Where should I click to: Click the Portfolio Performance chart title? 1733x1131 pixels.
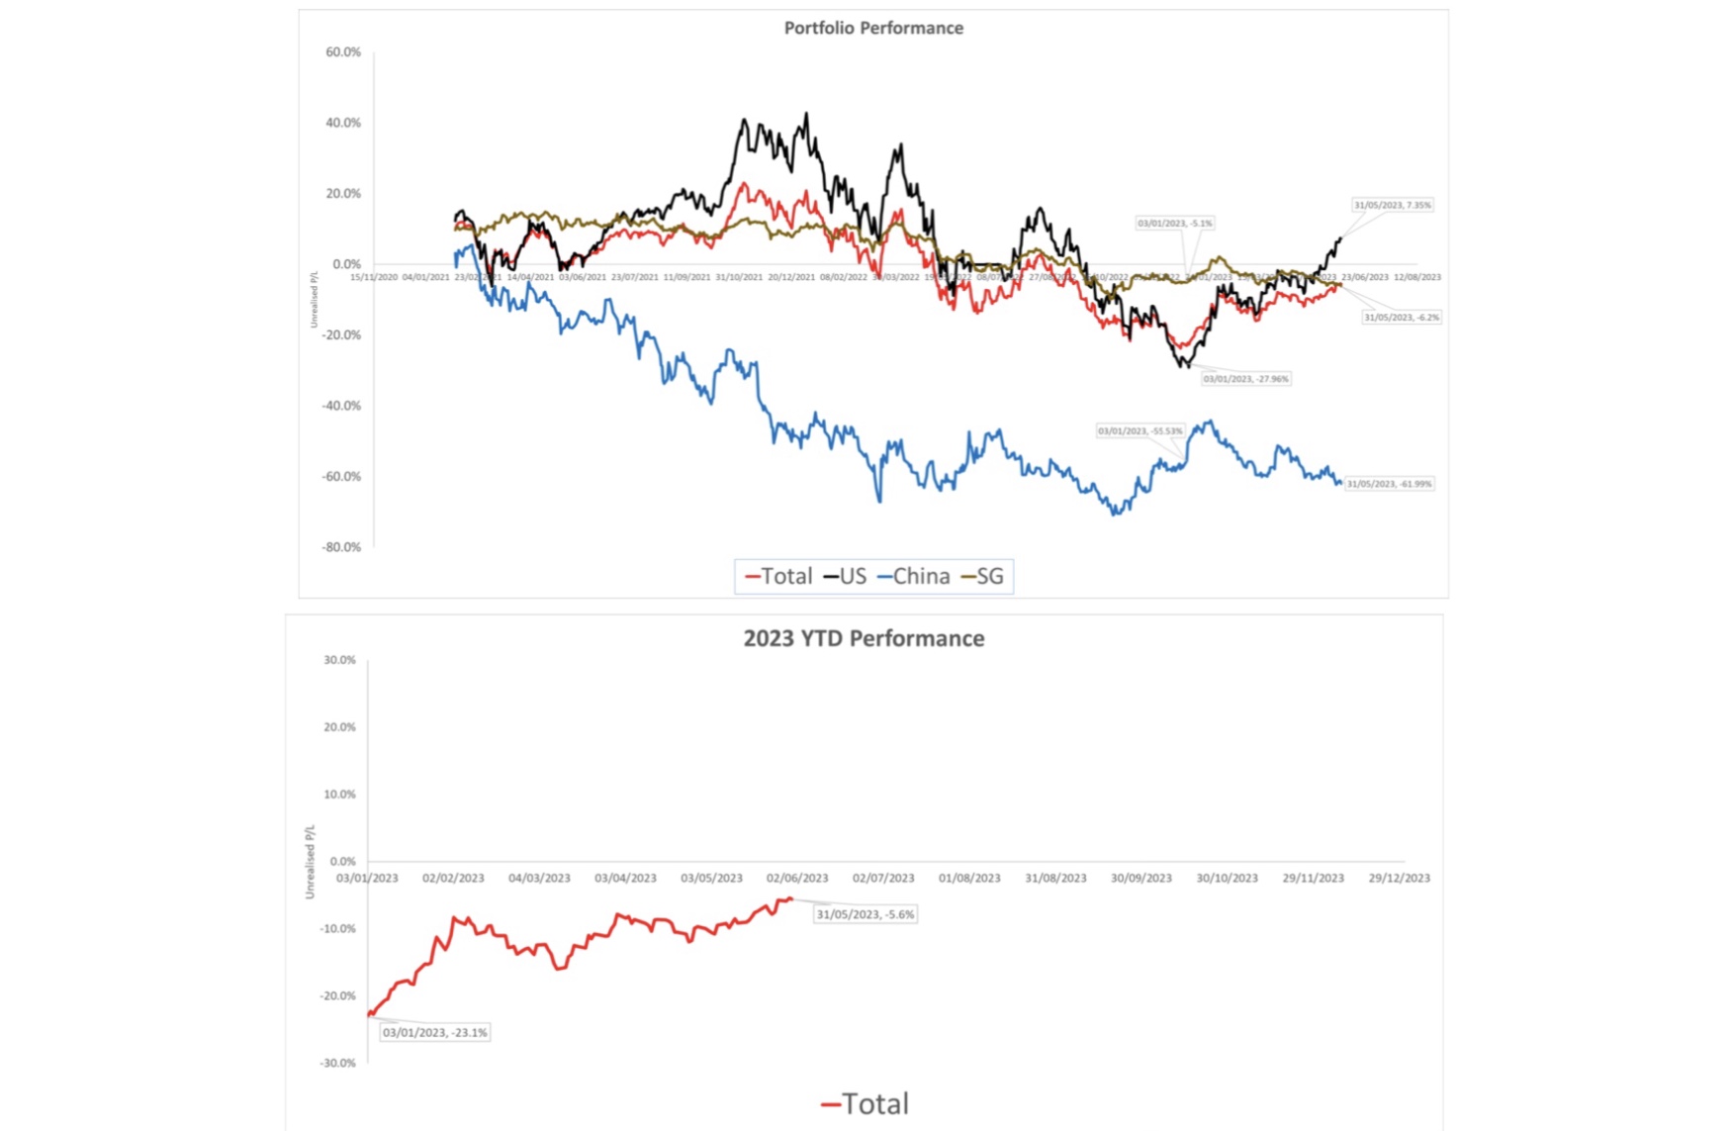pyautogui.click(x=873, y=28)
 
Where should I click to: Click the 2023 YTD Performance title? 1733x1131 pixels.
pyautogui.click(x=864, y=638)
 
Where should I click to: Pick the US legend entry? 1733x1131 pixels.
pyautogui.click(x=845, y=576)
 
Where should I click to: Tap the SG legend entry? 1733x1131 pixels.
pyautogui.click(x=982, y=576)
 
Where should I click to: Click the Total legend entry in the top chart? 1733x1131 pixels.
pyautogui.click(x=778, y=576)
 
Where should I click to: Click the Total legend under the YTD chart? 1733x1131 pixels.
pyautogui.click(x=865, y=1103)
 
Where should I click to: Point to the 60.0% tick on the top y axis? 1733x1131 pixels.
pyautogui.click(x=343, y=51)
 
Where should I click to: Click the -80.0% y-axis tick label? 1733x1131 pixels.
pyautogui.click(x=341, y=547)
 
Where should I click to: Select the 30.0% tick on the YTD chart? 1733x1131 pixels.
pyautogui.click(x=339, y=660)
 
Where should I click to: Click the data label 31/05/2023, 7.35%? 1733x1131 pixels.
pyautogui.click(x=1392, y=205)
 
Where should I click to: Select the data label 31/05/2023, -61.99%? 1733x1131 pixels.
pyautogui.click(x=1389, y=484)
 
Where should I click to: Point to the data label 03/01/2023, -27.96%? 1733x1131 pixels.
pyautogui.click(x=1246, y=379)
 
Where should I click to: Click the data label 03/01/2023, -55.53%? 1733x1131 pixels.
pyautogui.click(x=1140, y=431)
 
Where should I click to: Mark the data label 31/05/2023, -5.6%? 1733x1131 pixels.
pyautogui.click(x=866, y=914)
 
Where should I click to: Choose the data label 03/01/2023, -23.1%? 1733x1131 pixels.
pyautogui.click(x=434, y=1032)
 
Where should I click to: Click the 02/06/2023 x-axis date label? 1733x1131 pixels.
pyautogui.click(x=797, y=878)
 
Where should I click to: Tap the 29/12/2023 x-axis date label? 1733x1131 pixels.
pyautogui.click(x=1399, y=878)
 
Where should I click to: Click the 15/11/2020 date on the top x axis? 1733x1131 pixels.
pyautogui.click(x=374, y=277)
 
